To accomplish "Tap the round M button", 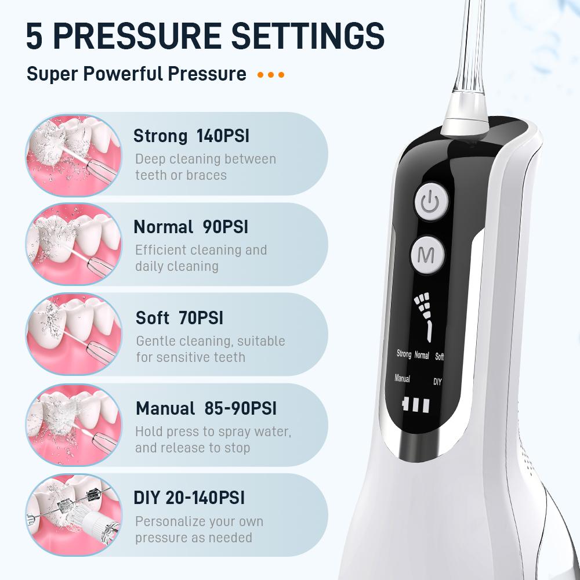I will point(427,255).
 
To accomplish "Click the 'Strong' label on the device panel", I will point(404,354).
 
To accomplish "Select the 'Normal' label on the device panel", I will point(422,355).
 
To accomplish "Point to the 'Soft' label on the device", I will point(439,356).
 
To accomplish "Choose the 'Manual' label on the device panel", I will point(402,378).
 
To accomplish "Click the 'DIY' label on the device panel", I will point(437,382).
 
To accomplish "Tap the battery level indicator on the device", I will point(416,405).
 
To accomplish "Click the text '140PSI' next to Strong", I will point(223,136).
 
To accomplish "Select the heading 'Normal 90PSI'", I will point(191,227).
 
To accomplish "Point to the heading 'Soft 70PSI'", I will point(179,318).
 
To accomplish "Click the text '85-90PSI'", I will point(240,408).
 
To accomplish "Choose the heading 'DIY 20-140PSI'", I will point(189,498).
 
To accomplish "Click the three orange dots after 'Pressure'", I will point(271,75).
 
